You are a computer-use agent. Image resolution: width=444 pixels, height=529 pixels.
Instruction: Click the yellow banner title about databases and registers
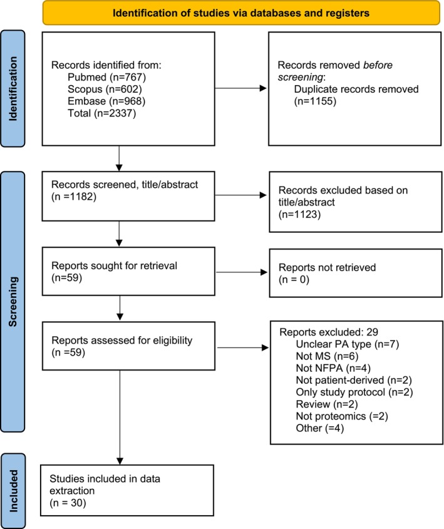pyautogui.click(x=241, y=13)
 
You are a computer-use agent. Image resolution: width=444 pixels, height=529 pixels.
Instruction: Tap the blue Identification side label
pyautogui.click(x=13, y=89)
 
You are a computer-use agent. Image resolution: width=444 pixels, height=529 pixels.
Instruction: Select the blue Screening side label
pyautogui.click(x=13, y=302)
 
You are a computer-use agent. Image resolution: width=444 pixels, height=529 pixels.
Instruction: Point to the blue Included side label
pyautogui.click(x=13, y=491)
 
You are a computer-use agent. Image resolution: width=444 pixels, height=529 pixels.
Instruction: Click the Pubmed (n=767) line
pyautogui.click(x=106, y=77)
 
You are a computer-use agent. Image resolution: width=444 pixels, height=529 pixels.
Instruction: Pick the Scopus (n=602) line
pyautogui.click(x=105, y=89)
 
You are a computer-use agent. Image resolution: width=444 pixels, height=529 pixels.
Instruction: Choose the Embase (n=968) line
pyautogui.click(x=106, y=101)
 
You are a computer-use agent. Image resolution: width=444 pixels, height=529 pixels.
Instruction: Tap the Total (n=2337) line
pyautogui.click(x=101, y=113)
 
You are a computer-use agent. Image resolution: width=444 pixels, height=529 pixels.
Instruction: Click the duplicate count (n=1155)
pyautogui.click(x=315, y=101)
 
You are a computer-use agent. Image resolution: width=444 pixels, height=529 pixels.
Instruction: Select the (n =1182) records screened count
pyautogui.click(x=74, y=197)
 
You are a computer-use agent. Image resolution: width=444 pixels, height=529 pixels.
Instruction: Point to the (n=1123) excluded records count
pyautogui.click(x=299, y=215)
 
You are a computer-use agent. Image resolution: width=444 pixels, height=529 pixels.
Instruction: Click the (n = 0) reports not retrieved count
pyautogui.click(x=294, y=280)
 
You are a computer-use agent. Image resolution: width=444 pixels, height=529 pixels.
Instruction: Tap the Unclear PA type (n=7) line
pyautogui.click(x=348, y=344)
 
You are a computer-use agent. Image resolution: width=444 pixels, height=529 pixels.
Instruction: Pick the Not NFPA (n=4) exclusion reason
pyautogui.click(x=333, y=368)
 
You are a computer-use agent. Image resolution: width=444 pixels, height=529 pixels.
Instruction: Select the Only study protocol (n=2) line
pyautogui.click(x=354, y=393)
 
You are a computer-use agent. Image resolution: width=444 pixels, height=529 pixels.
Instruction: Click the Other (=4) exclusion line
pyautogui.click(x=320, y=428)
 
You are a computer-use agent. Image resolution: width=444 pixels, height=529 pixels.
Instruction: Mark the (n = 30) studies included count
pyautogui.click(x=68, y=503)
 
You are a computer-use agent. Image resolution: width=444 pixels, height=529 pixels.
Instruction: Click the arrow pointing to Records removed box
pyautogui.click(x=241, y=88)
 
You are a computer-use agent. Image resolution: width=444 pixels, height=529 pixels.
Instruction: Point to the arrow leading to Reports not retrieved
pyautogui.click(x=242, y=272)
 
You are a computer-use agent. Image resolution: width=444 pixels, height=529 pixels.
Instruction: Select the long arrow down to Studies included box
pyautogui.click(x=120, y=418)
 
